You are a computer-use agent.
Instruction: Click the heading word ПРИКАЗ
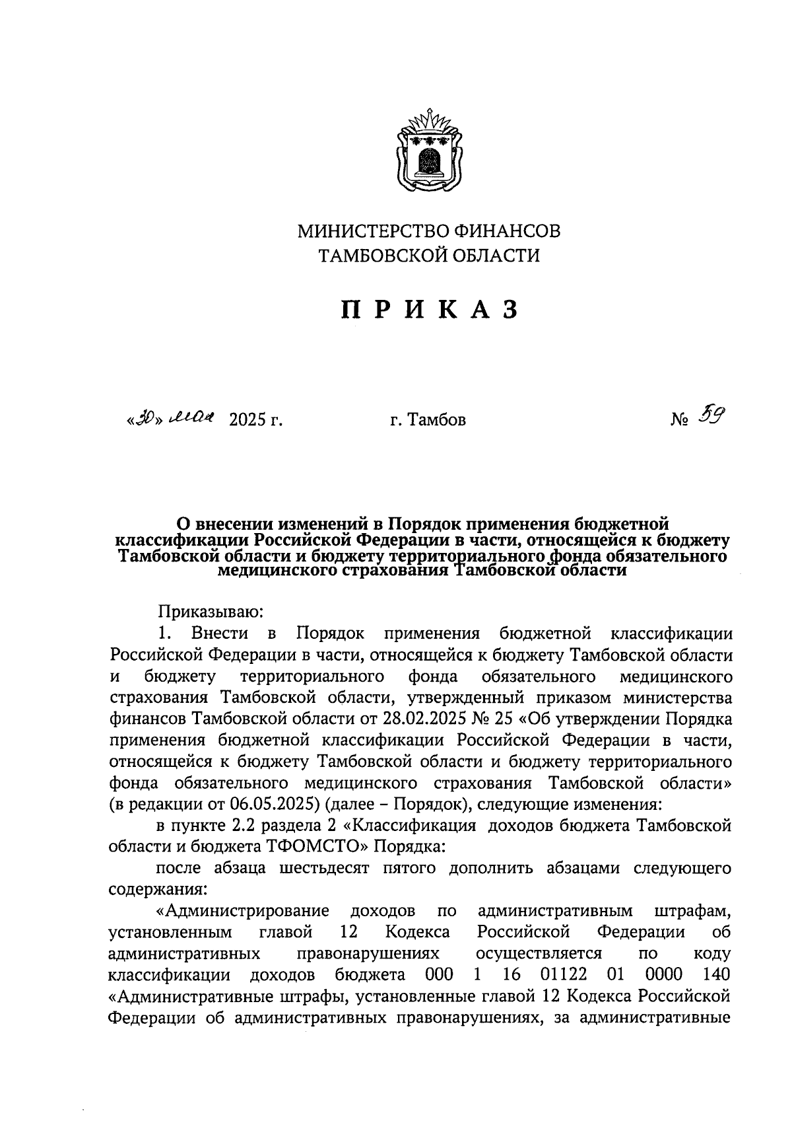[x=429, y=309]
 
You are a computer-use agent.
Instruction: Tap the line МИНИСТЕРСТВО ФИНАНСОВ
[x=429, y=232]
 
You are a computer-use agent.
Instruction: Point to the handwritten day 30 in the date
[x=145, y=418]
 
